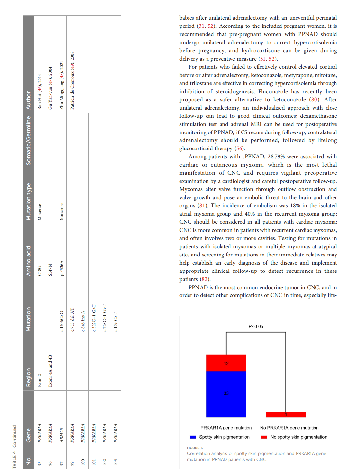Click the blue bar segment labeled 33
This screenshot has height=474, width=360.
pos(226,394)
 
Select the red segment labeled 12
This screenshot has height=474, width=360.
pos(226,363)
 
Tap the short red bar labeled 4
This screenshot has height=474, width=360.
pos(286,414)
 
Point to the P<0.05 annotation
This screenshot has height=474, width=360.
pos(256,326)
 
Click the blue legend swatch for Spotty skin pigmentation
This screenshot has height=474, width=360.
pos(193,437)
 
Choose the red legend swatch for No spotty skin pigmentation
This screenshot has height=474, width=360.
pos(264,437)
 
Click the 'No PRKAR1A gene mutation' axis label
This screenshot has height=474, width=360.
pos(289,428)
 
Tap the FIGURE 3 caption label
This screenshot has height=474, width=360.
pos(195,448)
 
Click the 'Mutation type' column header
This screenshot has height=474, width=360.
pos(29,202)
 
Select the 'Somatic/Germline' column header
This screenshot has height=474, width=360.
pos(29,141)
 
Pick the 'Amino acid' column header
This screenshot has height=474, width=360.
pos(29,261)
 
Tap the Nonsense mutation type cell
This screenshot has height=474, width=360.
pos(61,211)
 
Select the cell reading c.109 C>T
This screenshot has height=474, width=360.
pos(116,322)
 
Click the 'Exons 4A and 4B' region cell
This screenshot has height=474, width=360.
pos(50,371)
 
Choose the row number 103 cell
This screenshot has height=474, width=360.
pos(116,462)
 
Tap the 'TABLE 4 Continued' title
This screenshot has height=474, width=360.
pos(14,447)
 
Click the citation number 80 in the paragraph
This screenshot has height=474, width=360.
pos(314,99)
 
